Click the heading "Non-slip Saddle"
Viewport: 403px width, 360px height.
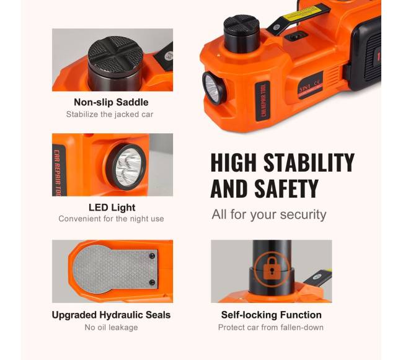tap(111, 102)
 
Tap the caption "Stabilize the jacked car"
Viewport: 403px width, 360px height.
tap(110, 114)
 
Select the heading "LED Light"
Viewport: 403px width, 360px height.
tap(112, 208)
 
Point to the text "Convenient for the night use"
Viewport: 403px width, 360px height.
tap(111, 219)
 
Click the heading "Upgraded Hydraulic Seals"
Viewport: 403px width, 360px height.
tap(111, 315)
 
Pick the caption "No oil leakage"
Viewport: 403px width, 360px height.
tap(111, 327)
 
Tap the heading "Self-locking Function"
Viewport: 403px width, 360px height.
tap(272, 315)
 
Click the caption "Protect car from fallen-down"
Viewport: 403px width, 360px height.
tap(271, 327)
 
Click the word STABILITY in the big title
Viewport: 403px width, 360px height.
tap(309, 162)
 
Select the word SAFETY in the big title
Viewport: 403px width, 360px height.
tap(286, 189)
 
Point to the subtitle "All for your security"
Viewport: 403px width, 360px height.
tap(269, 214)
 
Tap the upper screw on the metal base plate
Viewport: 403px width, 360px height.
tap(152, 256)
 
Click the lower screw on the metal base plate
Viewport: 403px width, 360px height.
tap(152, 283)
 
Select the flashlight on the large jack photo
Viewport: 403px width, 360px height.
tap(213, 88)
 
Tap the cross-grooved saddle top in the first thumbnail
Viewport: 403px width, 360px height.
tap(115, 53)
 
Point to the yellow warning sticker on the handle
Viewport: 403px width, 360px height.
tap(303, 13)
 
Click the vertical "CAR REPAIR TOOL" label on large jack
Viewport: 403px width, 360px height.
tap(263, 100)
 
